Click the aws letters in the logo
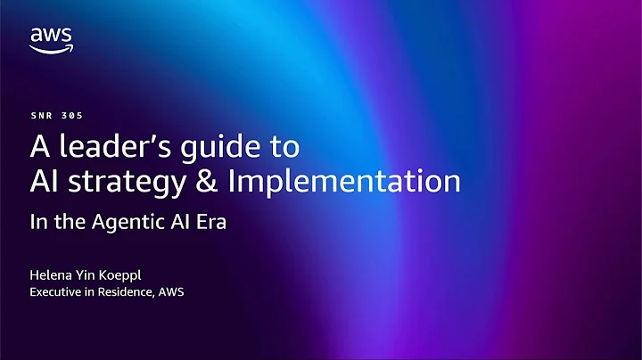coord(51,36)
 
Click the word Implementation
coord(345,183)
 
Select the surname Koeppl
coord(134,274)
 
